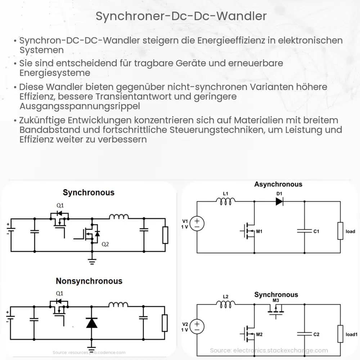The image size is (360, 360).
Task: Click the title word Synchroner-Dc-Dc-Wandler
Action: point(181,16)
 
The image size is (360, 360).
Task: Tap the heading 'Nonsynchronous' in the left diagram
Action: point(89,281)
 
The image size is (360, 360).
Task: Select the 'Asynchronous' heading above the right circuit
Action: point(278,184)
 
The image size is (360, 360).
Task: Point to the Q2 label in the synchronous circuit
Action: point(105,244)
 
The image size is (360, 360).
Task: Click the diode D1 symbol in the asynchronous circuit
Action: point(279,202)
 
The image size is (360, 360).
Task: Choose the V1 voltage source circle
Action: point(197,224)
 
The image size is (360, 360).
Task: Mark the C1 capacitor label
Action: point(316,231)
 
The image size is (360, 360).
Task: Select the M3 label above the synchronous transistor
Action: point(276,301)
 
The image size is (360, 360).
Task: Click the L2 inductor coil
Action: point(226,305)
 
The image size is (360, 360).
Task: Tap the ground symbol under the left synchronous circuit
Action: point(93,261)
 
